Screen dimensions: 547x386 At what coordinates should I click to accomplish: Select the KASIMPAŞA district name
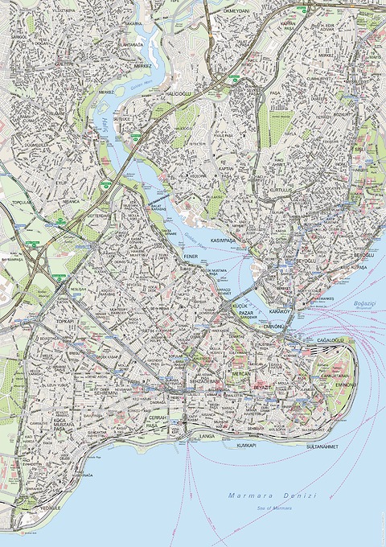tap(227, 241)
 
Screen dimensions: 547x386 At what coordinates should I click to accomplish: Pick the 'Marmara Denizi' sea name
tap(273, 496)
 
